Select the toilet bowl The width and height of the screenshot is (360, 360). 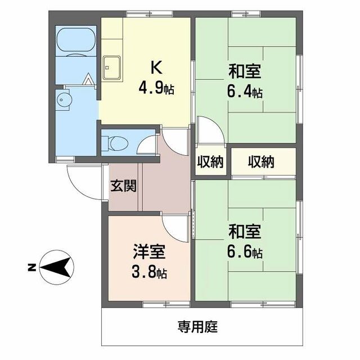(x=119, y=143)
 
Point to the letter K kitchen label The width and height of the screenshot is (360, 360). (x=156, y=67)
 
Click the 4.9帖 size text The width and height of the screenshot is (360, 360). (x=156, y=88)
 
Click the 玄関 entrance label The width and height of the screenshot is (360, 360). (x=123, y=186)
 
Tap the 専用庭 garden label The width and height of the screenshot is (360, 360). (x=197, y=327)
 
